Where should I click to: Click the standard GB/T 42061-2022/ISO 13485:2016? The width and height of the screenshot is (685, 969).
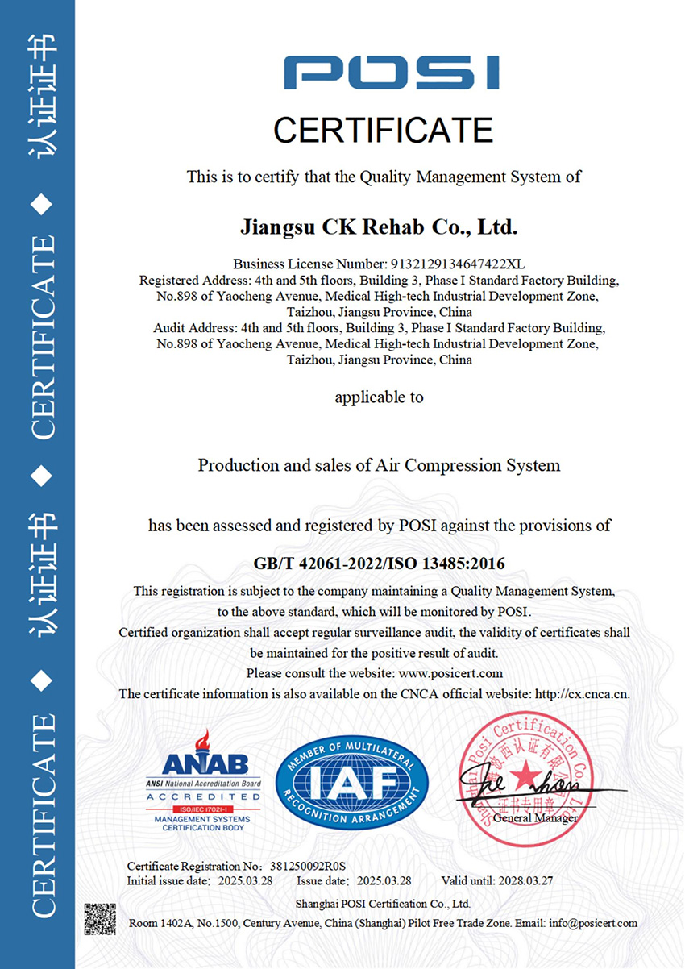pos(379,563)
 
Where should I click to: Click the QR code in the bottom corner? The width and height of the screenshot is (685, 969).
pos(101,919)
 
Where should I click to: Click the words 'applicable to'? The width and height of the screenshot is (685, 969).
pos(379,397)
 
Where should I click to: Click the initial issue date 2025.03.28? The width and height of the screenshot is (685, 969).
pos(246,880)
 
